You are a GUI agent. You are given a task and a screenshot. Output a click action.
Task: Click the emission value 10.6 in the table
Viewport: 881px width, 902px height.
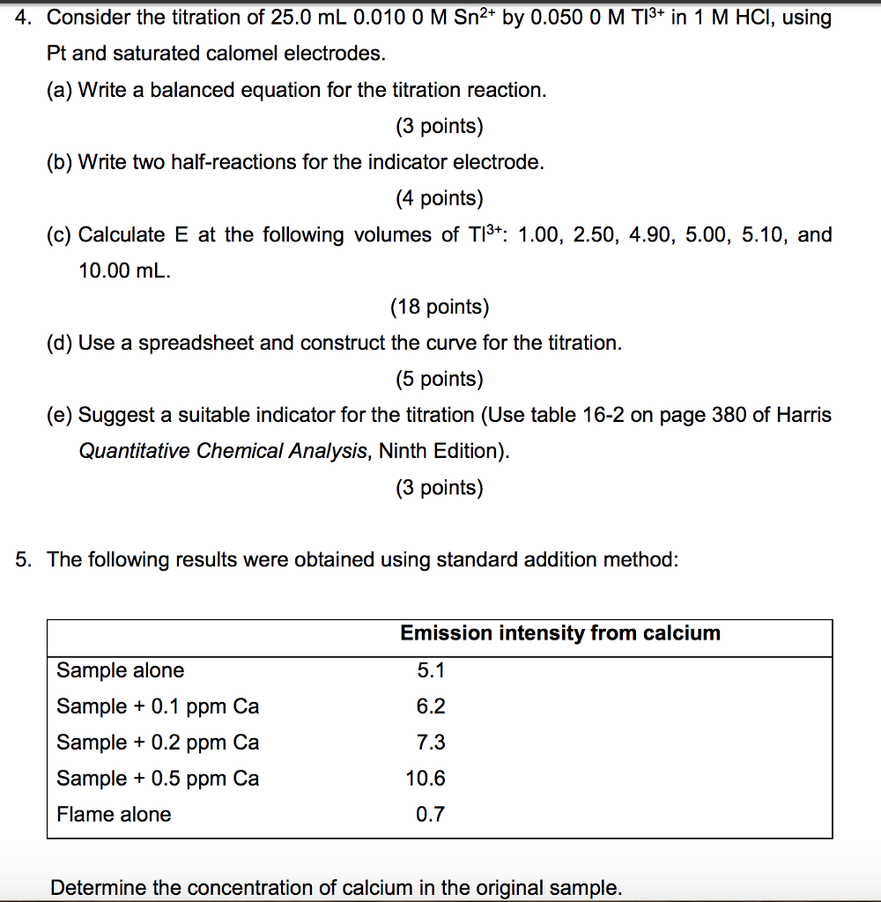point(426,779)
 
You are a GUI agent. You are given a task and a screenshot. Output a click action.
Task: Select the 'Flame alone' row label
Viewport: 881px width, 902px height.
point(114,815)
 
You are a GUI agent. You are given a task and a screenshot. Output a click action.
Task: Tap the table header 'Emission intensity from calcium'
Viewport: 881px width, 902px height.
point(560,633)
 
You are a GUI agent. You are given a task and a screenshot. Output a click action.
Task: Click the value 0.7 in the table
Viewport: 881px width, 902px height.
point(430,815)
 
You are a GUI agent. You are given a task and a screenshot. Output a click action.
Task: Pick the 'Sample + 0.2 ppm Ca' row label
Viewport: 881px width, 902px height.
point(158,743)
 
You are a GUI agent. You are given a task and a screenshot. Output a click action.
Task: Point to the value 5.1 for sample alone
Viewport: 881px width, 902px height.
point(431,670)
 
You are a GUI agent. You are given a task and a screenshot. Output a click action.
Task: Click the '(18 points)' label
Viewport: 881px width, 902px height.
point(440,307)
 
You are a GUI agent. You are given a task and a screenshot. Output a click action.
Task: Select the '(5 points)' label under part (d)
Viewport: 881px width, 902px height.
point(440,380)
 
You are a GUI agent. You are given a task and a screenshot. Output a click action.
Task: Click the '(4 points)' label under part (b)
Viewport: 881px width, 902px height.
point(440,199)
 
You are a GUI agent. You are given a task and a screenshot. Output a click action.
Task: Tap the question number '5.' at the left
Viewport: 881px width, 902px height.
point(25,560)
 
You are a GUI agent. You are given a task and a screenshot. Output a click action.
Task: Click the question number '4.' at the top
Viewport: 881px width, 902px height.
point(25,18)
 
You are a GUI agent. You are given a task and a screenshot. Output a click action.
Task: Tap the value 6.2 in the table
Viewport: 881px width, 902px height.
point(431,706)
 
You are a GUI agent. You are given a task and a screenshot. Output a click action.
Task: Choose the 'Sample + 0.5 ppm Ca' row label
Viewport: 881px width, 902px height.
point(158,779)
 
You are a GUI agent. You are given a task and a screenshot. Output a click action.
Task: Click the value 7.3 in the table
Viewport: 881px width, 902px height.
point(431,743)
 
